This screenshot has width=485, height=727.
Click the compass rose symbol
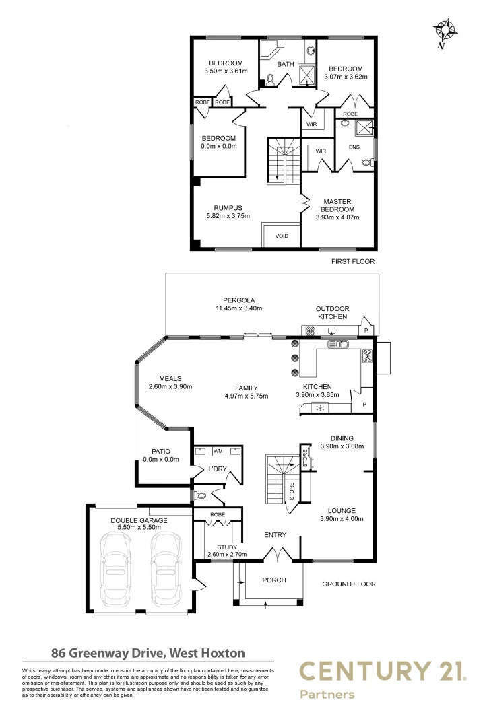[445, 31]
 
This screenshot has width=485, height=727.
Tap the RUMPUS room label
[228, 208]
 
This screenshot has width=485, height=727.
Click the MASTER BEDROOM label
[337, 205]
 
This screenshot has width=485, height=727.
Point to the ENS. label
[354, 147]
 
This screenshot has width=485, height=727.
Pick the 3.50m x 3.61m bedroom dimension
[226, 71]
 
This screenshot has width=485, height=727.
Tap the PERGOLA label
[238, 300]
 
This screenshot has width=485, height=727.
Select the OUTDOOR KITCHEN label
[332, 312]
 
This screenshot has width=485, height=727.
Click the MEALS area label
[170, 378]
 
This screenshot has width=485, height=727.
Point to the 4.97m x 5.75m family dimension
[247, 396]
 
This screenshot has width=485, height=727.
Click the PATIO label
[162, 451]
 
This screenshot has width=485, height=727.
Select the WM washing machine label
[218, 450]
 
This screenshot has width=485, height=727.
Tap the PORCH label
[273, 580]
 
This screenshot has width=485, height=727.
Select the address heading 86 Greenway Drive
[148, 652]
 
